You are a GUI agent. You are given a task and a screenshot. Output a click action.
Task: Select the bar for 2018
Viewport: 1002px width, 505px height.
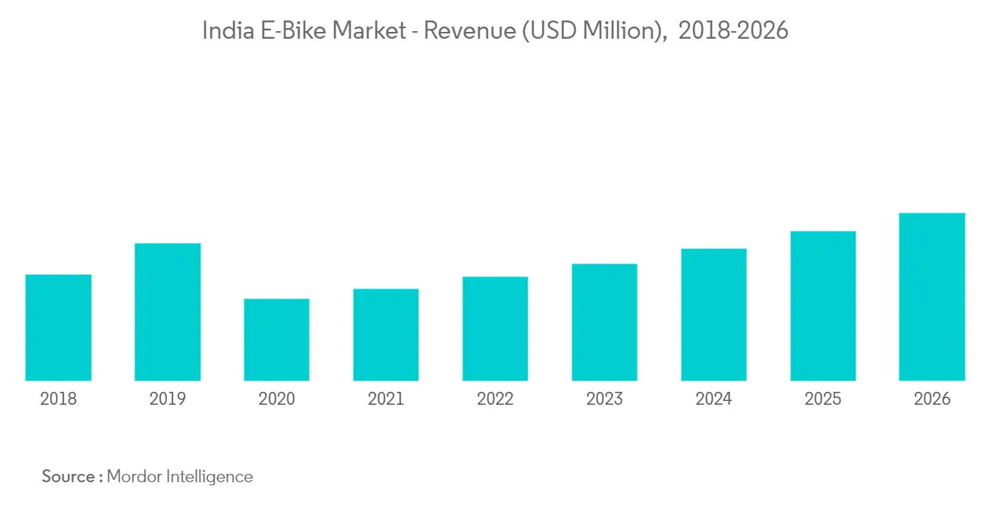[x=58, y=327]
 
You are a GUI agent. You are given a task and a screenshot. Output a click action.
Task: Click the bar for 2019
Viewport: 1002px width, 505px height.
[x=168, y=312]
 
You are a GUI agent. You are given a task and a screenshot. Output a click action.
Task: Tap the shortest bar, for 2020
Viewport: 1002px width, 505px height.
[x=276, y=339]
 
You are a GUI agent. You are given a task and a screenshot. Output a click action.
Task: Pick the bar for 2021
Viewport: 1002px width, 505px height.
[x=386, y=335]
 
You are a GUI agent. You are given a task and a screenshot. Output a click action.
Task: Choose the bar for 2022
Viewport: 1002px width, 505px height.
[x=495, y=329]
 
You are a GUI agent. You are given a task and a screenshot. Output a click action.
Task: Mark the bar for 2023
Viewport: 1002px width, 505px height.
[x=604, y=322]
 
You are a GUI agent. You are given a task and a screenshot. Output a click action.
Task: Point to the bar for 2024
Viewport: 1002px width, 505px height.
[x=714, y=314]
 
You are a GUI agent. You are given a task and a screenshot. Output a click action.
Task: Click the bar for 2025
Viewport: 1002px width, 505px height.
[x=823, y=306]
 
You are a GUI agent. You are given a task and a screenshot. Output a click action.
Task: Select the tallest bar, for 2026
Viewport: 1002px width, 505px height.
[x=932, y=297]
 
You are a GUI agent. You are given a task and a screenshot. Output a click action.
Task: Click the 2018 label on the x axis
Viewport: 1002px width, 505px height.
[x=58, y=399]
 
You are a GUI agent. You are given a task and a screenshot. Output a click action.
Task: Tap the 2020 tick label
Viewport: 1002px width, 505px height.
[x=276, y=399]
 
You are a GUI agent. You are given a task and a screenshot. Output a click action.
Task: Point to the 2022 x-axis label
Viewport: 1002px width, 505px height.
[x=495, y=399]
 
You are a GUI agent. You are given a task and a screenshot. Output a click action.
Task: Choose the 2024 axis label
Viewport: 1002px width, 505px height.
[x=714, y=399]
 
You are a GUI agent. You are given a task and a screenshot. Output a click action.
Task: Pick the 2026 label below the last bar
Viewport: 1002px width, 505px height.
[x=932, y=399]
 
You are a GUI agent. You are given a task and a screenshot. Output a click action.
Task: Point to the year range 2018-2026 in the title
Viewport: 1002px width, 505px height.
[x=733, y=31]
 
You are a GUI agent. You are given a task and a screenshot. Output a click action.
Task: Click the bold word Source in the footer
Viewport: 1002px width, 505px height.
[x=68, y=477]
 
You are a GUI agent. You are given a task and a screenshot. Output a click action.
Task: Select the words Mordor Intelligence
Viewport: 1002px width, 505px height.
[x=180, y=477]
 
